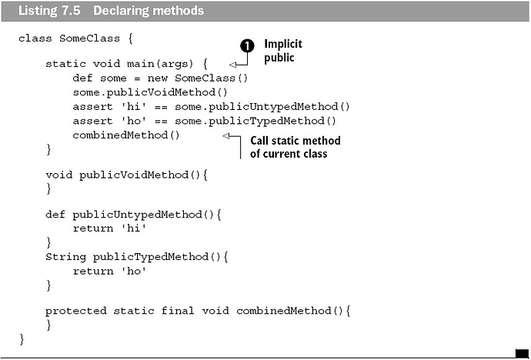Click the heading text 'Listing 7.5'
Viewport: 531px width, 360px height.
tap(49, 11)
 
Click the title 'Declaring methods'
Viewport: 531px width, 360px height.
tap(149, 11)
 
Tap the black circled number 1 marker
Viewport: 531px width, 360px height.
tap(247, 46)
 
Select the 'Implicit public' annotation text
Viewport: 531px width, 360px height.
tap(283, 51)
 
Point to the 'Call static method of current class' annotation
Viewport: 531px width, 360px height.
tap(296, 147)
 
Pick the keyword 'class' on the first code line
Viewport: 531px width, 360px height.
tap(35, 38)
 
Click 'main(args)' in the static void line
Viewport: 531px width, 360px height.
tap(160, 64)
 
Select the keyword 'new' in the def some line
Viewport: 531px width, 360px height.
tap(158, 78)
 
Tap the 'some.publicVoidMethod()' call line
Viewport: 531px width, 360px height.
tap(150, 92)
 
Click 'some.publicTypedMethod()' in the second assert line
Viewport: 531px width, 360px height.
tap(255, 121)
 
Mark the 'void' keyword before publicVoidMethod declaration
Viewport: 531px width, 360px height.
tap(59, 175)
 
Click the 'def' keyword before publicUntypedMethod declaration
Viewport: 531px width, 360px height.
tap(55, 215)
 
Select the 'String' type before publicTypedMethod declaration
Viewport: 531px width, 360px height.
tap(65, 257)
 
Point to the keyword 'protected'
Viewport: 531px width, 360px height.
tap(76, 311)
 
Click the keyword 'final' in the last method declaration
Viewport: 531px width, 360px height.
tap(178, 311)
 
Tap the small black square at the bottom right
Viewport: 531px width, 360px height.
tap(522, 353)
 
